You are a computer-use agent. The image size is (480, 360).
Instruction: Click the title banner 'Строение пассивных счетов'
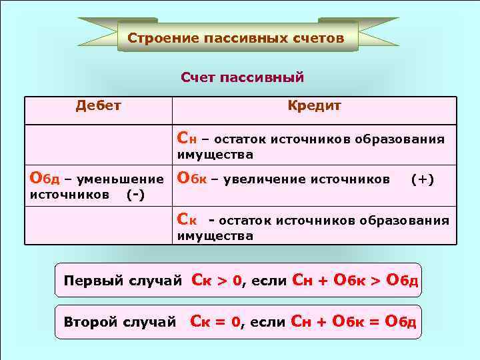click(x=237, y=38)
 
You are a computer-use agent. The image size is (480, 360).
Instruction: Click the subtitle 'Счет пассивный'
click(x=242, y=78)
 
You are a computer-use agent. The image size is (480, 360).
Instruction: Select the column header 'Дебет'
click(x=98, y=105)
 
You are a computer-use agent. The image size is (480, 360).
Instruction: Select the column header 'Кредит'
click(x=314, y=105)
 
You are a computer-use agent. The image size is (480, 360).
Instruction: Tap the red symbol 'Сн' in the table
click(x=187, y=139)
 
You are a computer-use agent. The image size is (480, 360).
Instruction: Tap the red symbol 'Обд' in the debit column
click(x=45, y=179)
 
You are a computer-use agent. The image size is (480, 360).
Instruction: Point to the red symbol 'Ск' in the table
click(x=187, y=219)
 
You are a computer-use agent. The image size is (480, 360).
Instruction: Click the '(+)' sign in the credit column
click(x=422, y=179)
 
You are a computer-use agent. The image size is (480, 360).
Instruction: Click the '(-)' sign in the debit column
click(x=137, y=195)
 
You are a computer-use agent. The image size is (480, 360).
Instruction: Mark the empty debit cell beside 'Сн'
click(x=99, y=144)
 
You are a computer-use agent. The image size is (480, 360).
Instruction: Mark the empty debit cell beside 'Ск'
click(x=99, y=225)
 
